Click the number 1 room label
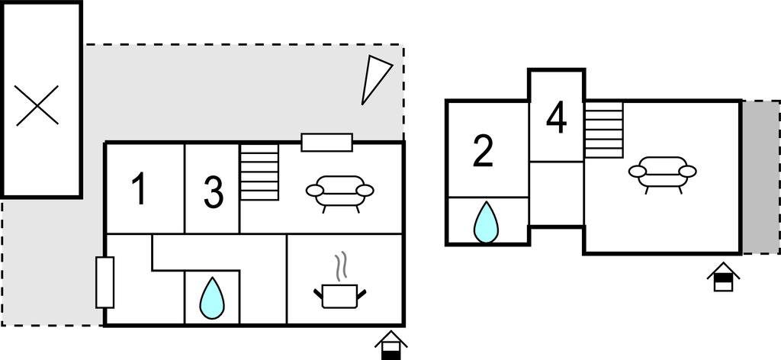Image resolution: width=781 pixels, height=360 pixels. [x=139, y=190]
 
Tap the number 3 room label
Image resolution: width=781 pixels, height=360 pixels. [x=214, y=193]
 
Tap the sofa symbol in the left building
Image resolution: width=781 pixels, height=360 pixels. [x=339, y=191]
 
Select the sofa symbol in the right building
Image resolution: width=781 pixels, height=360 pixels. [x=662, y=173]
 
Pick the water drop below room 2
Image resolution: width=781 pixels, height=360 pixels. [x=486, y=222]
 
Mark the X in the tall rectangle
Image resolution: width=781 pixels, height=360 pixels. [x=37, y=105]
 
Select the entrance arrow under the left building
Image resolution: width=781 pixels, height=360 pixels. [x=390, y=345]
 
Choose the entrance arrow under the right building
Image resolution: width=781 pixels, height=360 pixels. [x=722, y=277]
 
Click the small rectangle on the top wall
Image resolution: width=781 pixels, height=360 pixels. [x=326, y=142]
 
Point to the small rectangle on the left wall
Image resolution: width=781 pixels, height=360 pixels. [x=104, y=282]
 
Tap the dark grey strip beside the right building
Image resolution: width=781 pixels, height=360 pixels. [x=760, y=177]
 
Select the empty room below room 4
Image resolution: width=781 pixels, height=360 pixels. [x=557, y=194]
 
